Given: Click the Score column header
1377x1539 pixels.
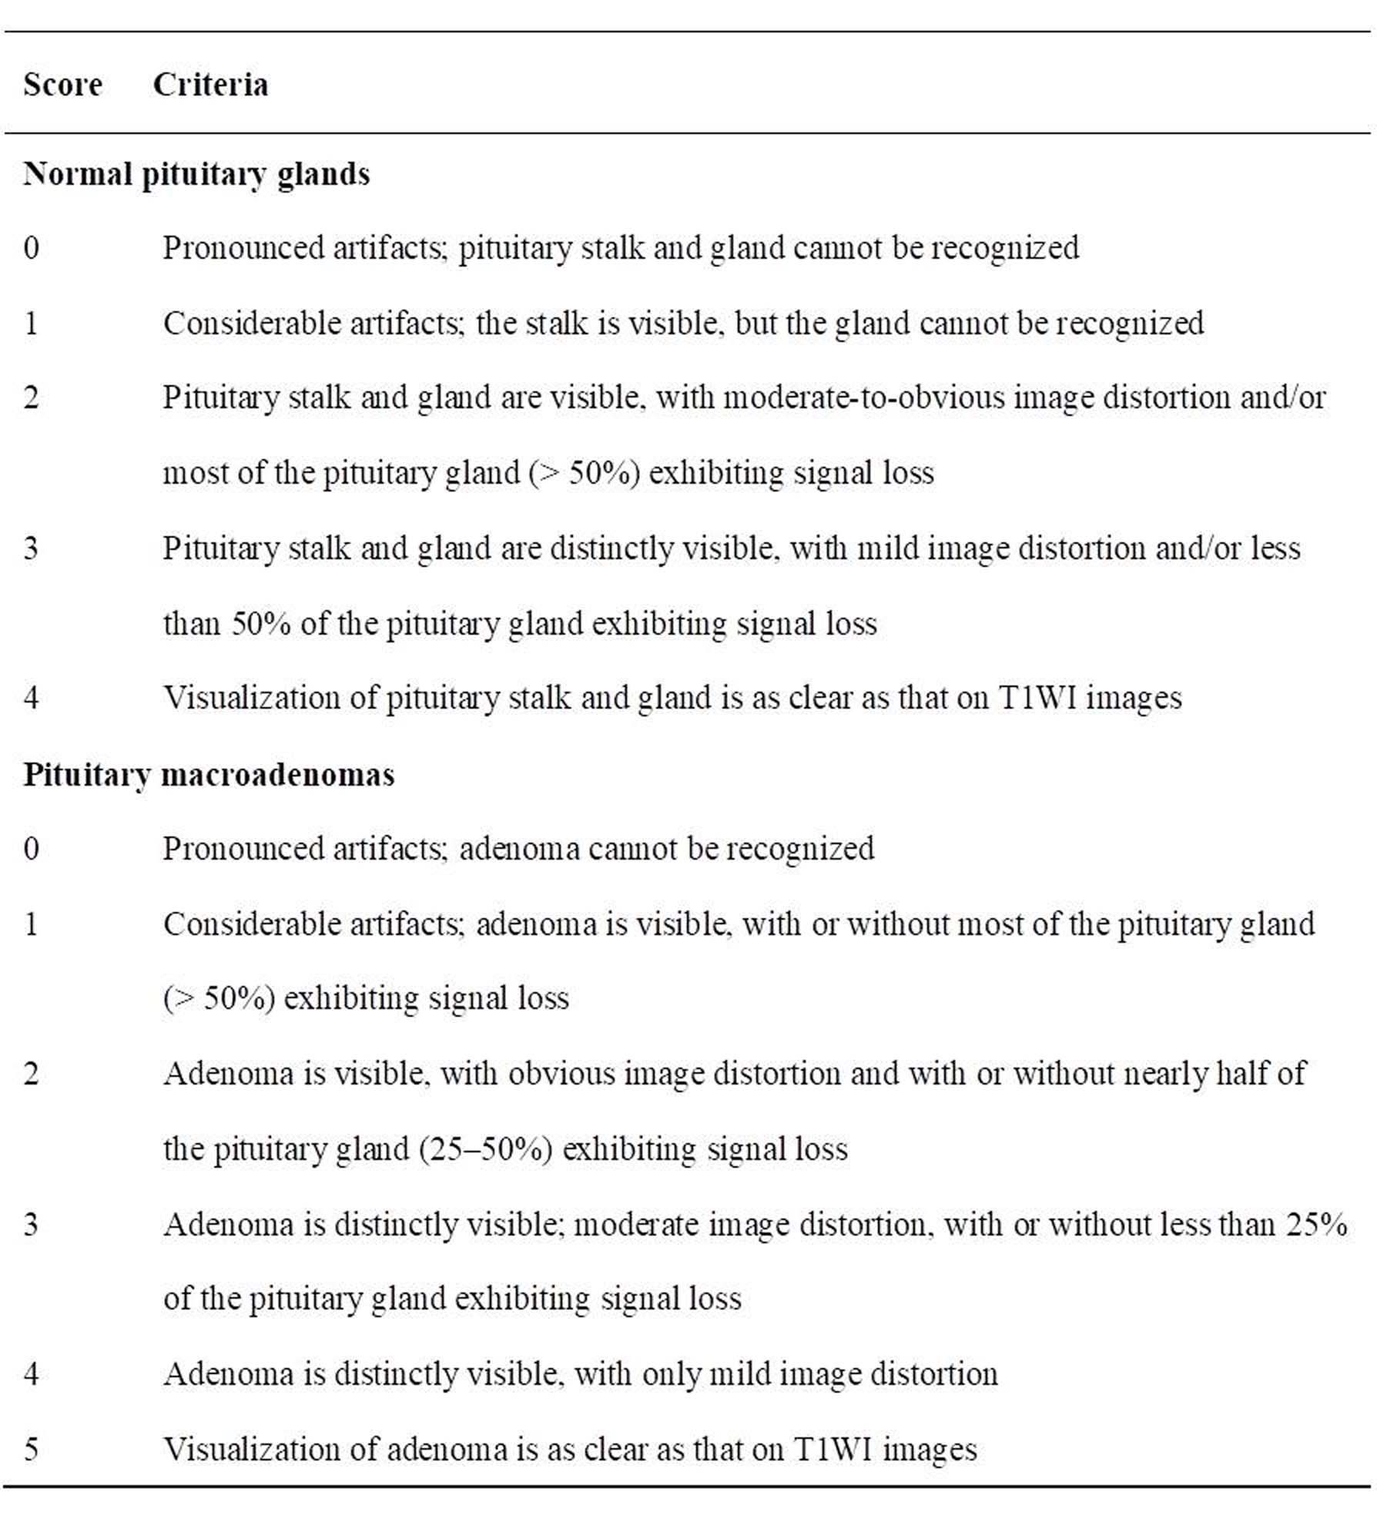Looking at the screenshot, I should [x=62, y=85].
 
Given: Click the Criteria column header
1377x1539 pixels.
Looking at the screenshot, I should [x=210, y=85].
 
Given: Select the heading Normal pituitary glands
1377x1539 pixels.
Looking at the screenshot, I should [x=196, y=175].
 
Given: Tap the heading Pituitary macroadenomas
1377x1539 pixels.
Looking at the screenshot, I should [x=209, y=774].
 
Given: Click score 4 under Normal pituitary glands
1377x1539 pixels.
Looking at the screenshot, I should [x=31, y=698].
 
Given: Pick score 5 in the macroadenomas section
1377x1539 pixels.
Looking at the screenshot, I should [x=31, y=1450].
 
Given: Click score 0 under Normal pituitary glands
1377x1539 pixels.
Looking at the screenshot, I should [x=31, y=248].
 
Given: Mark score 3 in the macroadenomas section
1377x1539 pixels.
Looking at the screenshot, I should [x=31, y=1225].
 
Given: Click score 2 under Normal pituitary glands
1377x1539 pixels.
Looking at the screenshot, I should [x=31, y=398].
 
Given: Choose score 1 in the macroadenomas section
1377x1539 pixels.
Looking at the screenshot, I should [x=31, y=924].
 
